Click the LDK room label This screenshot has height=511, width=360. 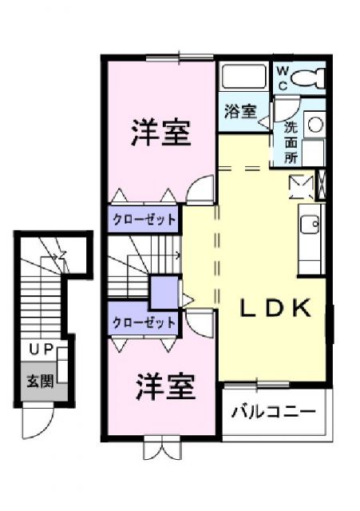pos(275,310)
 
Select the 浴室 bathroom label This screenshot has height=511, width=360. pos(240,112)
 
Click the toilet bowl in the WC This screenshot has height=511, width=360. pos(307,77)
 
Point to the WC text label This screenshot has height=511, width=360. pos(283,77)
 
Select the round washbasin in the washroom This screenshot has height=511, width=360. pos(315,124)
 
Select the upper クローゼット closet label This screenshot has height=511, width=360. pos(144,218)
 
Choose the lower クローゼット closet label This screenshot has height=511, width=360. pos(144,323)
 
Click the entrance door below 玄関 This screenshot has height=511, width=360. pos(37,414)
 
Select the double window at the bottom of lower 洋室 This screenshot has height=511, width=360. pos(164,448)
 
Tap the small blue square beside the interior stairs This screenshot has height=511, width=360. pos(165,291)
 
